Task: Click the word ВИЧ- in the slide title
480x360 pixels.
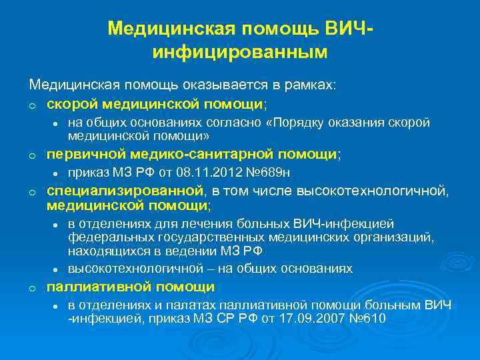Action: pos(347,29)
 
